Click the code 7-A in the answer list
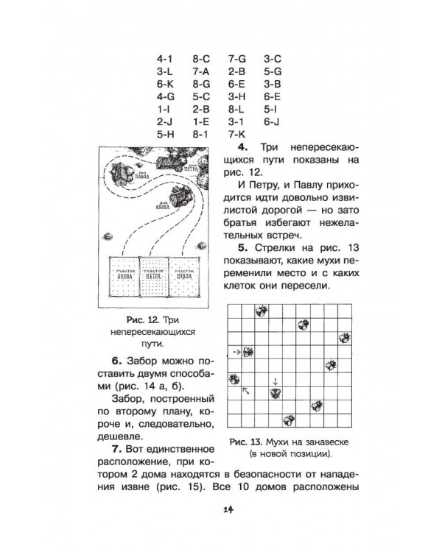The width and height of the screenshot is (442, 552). [x=201, y=71]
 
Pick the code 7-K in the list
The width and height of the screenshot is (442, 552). [x=236, y=135]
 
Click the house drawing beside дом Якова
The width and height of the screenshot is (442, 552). [x=180, y=196]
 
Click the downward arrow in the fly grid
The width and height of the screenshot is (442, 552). [x=275, y=381]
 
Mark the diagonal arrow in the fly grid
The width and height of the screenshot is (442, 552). [x=245, y=391]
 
